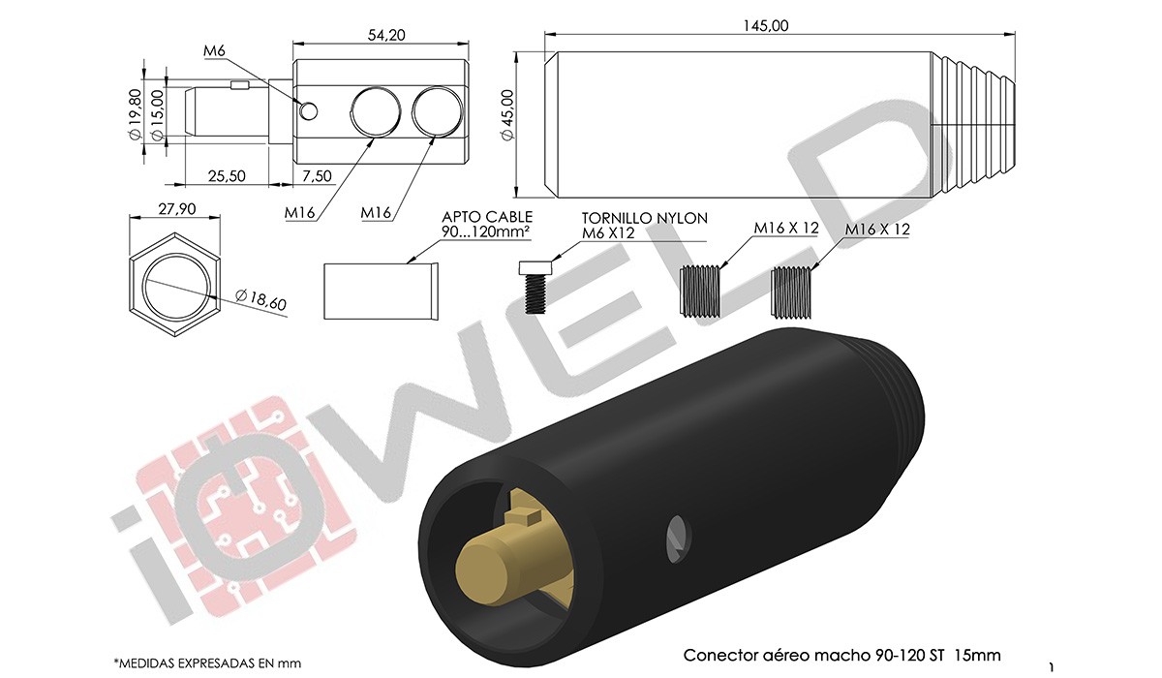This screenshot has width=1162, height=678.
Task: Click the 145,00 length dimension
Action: pos(766,25)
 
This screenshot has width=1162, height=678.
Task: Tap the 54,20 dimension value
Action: pos(386,35)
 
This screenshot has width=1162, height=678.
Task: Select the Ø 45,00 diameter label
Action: pos(507,114)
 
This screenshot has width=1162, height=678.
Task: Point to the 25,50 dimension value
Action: pos(227,176)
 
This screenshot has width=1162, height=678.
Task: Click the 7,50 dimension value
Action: pos(317,176)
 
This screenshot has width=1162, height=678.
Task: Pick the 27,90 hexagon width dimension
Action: pos(177,208)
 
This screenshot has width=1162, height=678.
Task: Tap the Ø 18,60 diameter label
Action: pos(260,300)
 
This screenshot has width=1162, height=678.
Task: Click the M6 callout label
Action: pos(214,50)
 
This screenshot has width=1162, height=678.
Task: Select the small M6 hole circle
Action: pos(309,111)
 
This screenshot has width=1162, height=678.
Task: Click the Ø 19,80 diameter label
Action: pos(135,114)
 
